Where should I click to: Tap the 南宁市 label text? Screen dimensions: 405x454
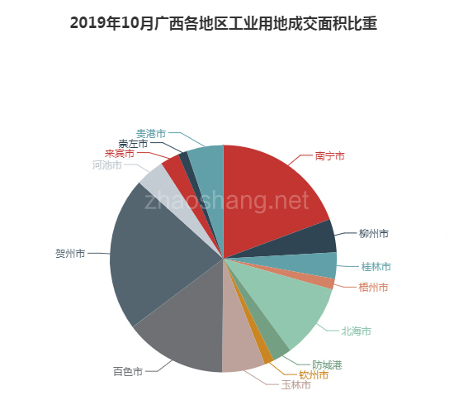click(x=329, y=155)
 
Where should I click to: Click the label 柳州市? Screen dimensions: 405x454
click(x=373, y=234)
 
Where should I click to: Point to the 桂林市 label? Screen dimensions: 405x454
click(x=376, y=266)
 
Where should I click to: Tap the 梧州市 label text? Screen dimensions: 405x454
click(x=373, y=287)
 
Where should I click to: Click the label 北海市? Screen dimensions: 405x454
click(x=356, y=331)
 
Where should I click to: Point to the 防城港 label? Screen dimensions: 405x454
click(x=327, y=364)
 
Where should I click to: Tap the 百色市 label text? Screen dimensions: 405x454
click(x=127, y=371)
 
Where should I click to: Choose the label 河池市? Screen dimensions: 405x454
click(x=106, y=165)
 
